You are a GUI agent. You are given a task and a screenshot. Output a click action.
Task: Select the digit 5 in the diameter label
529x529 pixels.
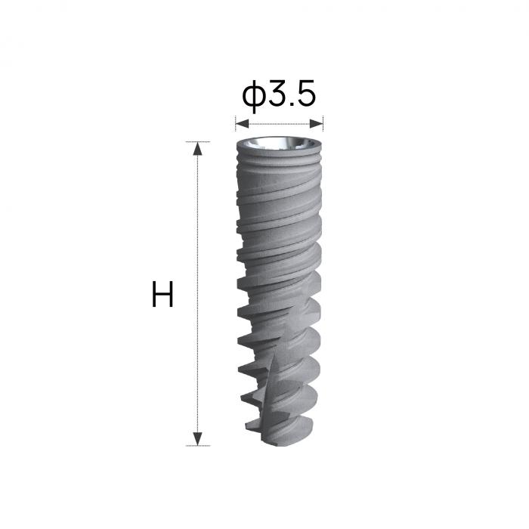point(305,92)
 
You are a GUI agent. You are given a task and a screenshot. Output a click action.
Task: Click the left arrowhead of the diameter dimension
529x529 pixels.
point(242,124)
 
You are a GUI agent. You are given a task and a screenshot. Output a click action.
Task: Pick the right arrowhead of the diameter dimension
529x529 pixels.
point(317,124)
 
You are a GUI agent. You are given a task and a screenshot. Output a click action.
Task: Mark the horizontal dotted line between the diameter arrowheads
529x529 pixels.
point(279,124)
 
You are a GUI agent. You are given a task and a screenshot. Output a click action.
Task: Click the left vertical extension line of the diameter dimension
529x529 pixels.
point(236,123)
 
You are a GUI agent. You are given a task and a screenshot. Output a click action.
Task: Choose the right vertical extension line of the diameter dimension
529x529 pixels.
point(323,123)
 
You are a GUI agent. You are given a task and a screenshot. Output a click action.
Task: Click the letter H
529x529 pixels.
point(162,294)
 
